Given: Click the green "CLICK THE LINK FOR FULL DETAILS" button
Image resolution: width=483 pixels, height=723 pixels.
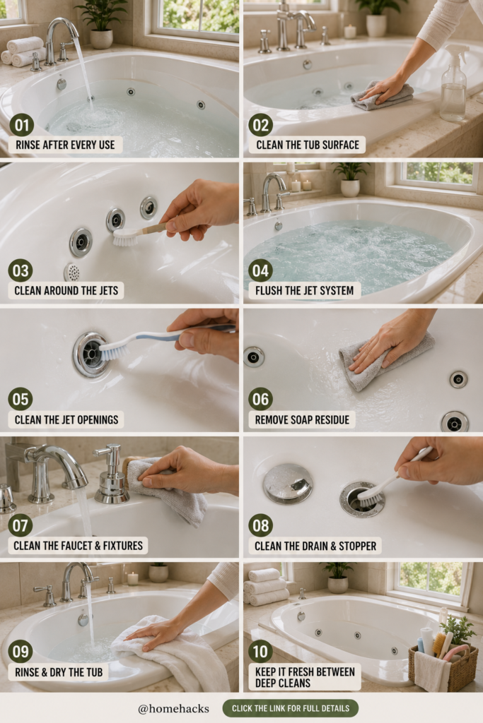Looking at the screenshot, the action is tap(290, 708).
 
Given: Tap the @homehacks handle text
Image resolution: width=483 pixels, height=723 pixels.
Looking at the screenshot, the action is tap(173, 709).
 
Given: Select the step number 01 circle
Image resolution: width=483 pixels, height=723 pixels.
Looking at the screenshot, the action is tap(21, 125).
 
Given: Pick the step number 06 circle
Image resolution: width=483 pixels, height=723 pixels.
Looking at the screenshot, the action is tap(260, 400).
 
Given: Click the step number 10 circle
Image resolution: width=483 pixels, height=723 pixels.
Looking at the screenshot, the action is tap(260, 651).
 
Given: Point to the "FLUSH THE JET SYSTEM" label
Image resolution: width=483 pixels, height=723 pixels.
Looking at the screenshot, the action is tap(304, 290).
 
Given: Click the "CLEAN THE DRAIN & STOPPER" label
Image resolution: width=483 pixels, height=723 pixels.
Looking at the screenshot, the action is tap(315, 546).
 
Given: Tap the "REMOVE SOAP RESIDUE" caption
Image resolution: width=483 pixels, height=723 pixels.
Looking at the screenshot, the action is tap(302, 419).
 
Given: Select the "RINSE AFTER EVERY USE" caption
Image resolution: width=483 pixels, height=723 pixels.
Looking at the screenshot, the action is tap(65, 145).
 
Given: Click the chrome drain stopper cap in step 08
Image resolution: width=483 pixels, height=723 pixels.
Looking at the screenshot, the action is tap(288, 483).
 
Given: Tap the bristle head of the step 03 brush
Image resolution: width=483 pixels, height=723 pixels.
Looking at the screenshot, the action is tap(125, 238).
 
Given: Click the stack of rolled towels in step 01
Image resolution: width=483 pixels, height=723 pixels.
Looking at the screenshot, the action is tap(25, 52).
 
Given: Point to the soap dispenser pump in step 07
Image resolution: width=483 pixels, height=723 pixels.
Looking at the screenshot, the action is tap(111, 475).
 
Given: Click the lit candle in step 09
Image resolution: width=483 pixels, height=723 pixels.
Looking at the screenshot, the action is tap(133, 578).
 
